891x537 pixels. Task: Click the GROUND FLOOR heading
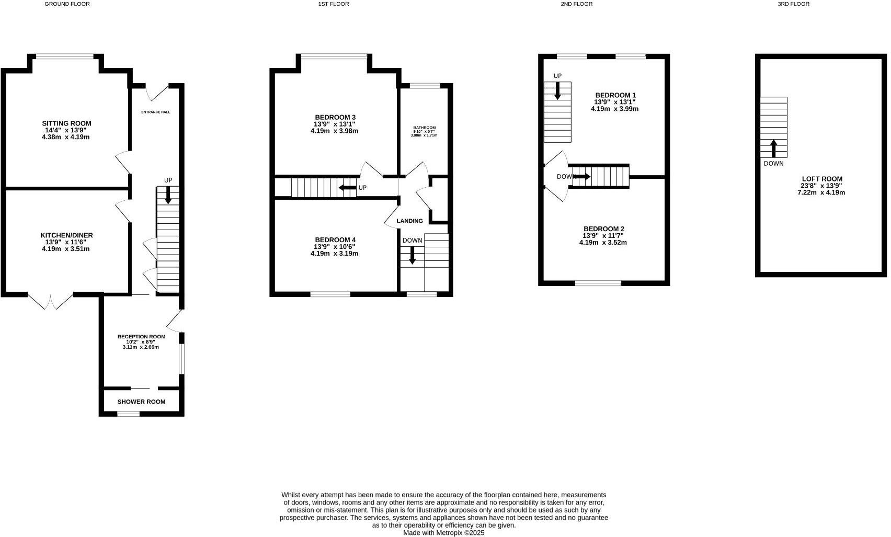tap(67, 4)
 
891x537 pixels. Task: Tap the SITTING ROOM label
tap(66, 124)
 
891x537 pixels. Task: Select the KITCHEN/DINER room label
tap(66, 235)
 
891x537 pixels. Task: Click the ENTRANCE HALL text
tap(155, 112)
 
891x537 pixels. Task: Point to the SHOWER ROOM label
tap(141, 402)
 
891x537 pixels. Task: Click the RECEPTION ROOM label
tap(141, 337)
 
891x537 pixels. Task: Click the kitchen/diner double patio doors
tap(50, 302)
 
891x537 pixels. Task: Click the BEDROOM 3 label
tap(335, 117)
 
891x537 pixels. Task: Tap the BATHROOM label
tap(424, 128)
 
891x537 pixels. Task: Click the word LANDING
tap(409, 221)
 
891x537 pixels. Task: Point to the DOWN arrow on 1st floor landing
tap(413, 255)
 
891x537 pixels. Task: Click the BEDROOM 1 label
tap(615, 95)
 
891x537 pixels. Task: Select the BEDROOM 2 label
tap(603, 229)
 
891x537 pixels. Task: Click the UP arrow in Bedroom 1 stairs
tap(557, 91)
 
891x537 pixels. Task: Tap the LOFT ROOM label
tap(821, 179)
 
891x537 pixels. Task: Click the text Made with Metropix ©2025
tap(443, 533)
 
